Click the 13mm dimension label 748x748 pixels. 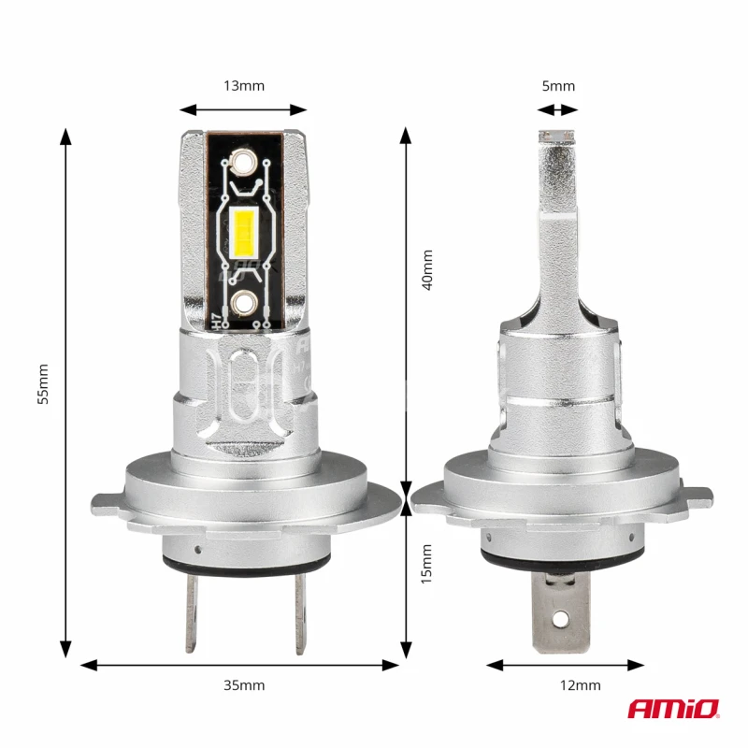click(x=244, y=86)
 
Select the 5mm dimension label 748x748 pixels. click(x=558, y=86)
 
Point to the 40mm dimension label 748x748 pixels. click(x=427, y=269)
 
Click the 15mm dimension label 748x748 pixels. click(x=427, y=565)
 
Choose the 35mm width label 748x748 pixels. click(x=244, y=685)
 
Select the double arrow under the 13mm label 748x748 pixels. click(x=244, y=109)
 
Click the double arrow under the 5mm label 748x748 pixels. click(x=558, y=109)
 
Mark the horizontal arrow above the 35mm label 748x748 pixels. click(x=240, y=665)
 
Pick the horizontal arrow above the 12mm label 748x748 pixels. click(x=566, y=665)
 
